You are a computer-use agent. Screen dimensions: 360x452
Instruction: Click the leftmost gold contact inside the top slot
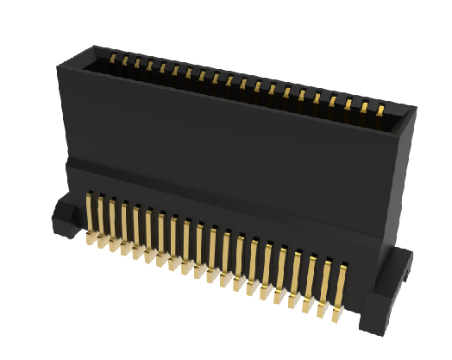tap(113, 60)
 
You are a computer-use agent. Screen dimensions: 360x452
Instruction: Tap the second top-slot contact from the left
tap(125, 62)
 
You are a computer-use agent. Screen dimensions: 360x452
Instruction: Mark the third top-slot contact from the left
tap(137, 64)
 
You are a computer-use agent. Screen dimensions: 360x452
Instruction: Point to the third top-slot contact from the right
tap(348, 104)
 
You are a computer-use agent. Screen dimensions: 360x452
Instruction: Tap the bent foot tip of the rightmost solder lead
tap(337, 319)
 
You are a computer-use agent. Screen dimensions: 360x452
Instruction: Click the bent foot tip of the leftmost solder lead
tap(89, 243)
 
